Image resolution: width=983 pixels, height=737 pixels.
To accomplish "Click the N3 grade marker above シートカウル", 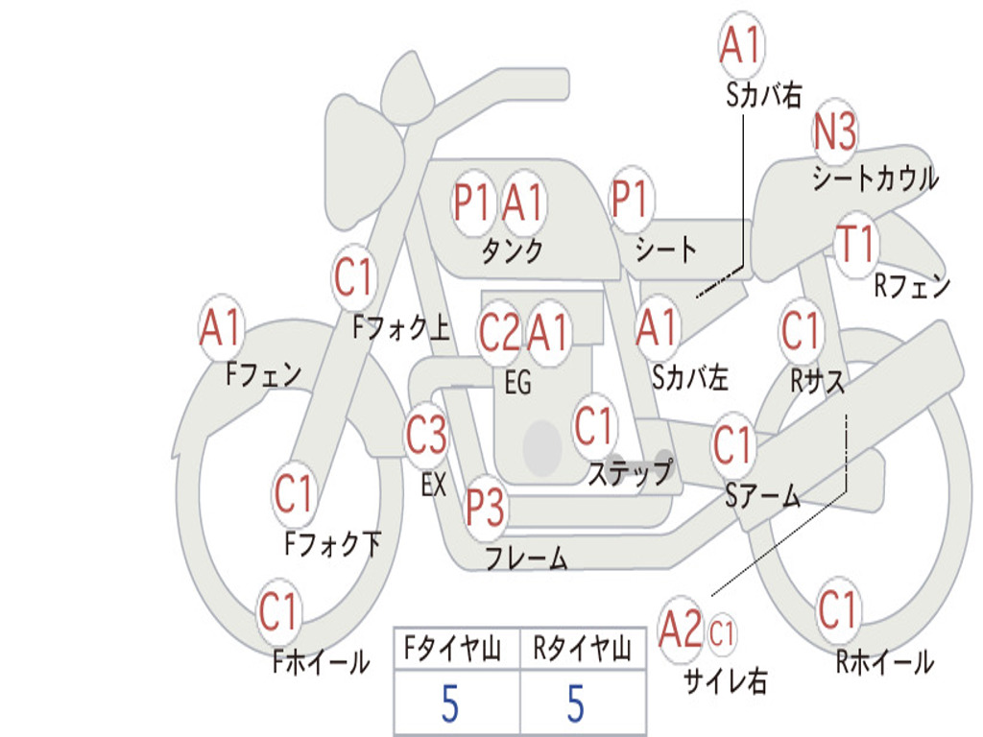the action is click(835, 131).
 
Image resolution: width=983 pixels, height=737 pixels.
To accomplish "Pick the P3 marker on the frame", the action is click(486, 507).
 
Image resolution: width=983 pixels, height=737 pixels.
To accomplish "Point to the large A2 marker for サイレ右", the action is click(681, 630).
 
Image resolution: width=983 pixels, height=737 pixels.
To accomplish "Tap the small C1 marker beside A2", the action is click(722, 633).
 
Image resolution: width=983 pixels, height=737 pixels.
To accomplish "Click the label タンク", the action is click(513, 251).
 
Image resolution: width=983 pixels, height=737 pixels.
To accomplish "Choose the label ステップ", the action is click(630, 473).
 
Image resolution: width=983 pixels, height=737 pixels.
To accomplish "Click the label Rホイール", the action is click(884, 661).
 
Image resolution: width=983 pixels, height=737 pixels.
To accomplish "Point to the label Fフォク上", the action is click(400, 329).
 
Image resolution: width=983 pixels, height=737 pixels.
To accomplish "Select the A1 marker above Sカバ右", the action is click(740, 45).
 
